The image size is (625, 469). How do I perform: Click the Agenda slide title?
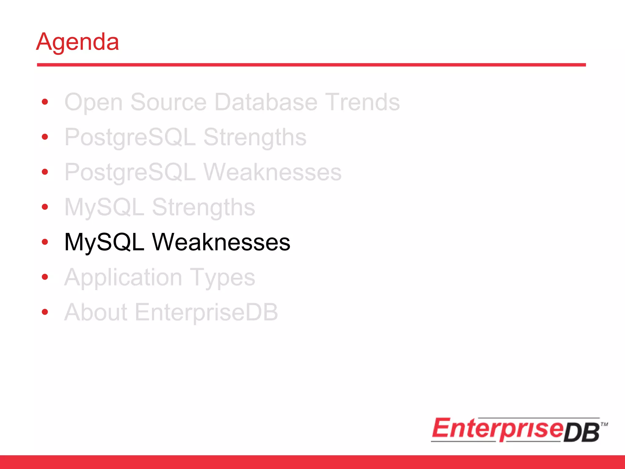(78, 42)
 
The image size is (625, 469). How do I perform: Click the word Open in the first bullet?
(93, 102)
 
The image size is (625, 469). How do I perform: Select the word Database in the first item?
(266, 102)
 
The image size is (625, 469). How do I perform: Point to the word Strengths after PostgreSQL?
(255, 137)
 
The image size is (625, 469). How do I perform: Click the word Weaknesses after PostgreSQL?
(272, 173)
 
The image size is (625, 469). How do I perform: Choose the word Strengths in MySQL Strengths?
(204, 208)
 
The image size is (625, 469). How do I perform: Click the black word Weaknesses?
(221, 242)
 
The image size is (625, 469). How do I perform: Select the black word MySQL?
(104, 242)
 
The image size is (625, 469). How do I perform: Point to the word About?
(96, 313)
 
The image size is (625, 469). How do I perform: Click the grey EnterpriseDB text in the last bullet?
(206, 313)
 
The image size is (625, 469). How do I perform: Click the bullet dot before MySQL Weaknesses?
(45, 242)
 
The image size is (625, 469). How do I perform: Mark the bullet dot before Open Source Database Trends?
(45, 102)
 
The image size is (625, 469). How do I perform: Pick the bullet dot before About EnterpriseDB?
(45, 312)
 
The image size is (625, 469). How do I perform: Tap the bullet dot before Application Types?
(45, 277)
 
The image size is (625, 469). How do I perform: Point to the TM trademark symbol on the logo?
(604, 424)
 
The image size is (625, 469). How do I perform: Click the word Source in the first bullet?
(168, 102)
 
